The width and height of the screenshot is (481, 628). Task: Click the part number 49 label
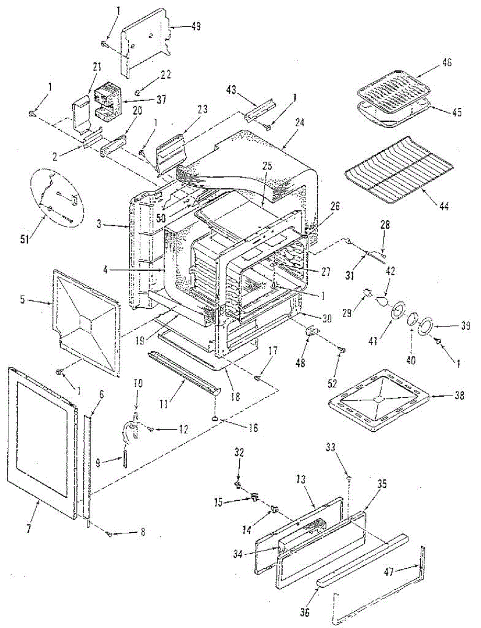(x=196, y=26)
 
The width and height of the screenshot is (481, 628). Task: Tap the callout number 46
(x=446, y=62)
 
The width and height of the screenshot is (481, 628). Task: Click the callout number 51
(x=25, y=240)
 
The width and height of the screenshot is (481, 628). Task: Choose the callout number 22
(x=165, y=74)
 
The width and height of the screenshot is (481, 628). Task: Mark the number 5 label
(x=23, y=300)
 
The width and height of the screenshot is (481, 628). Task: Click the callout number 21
(x=97, y=67)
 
